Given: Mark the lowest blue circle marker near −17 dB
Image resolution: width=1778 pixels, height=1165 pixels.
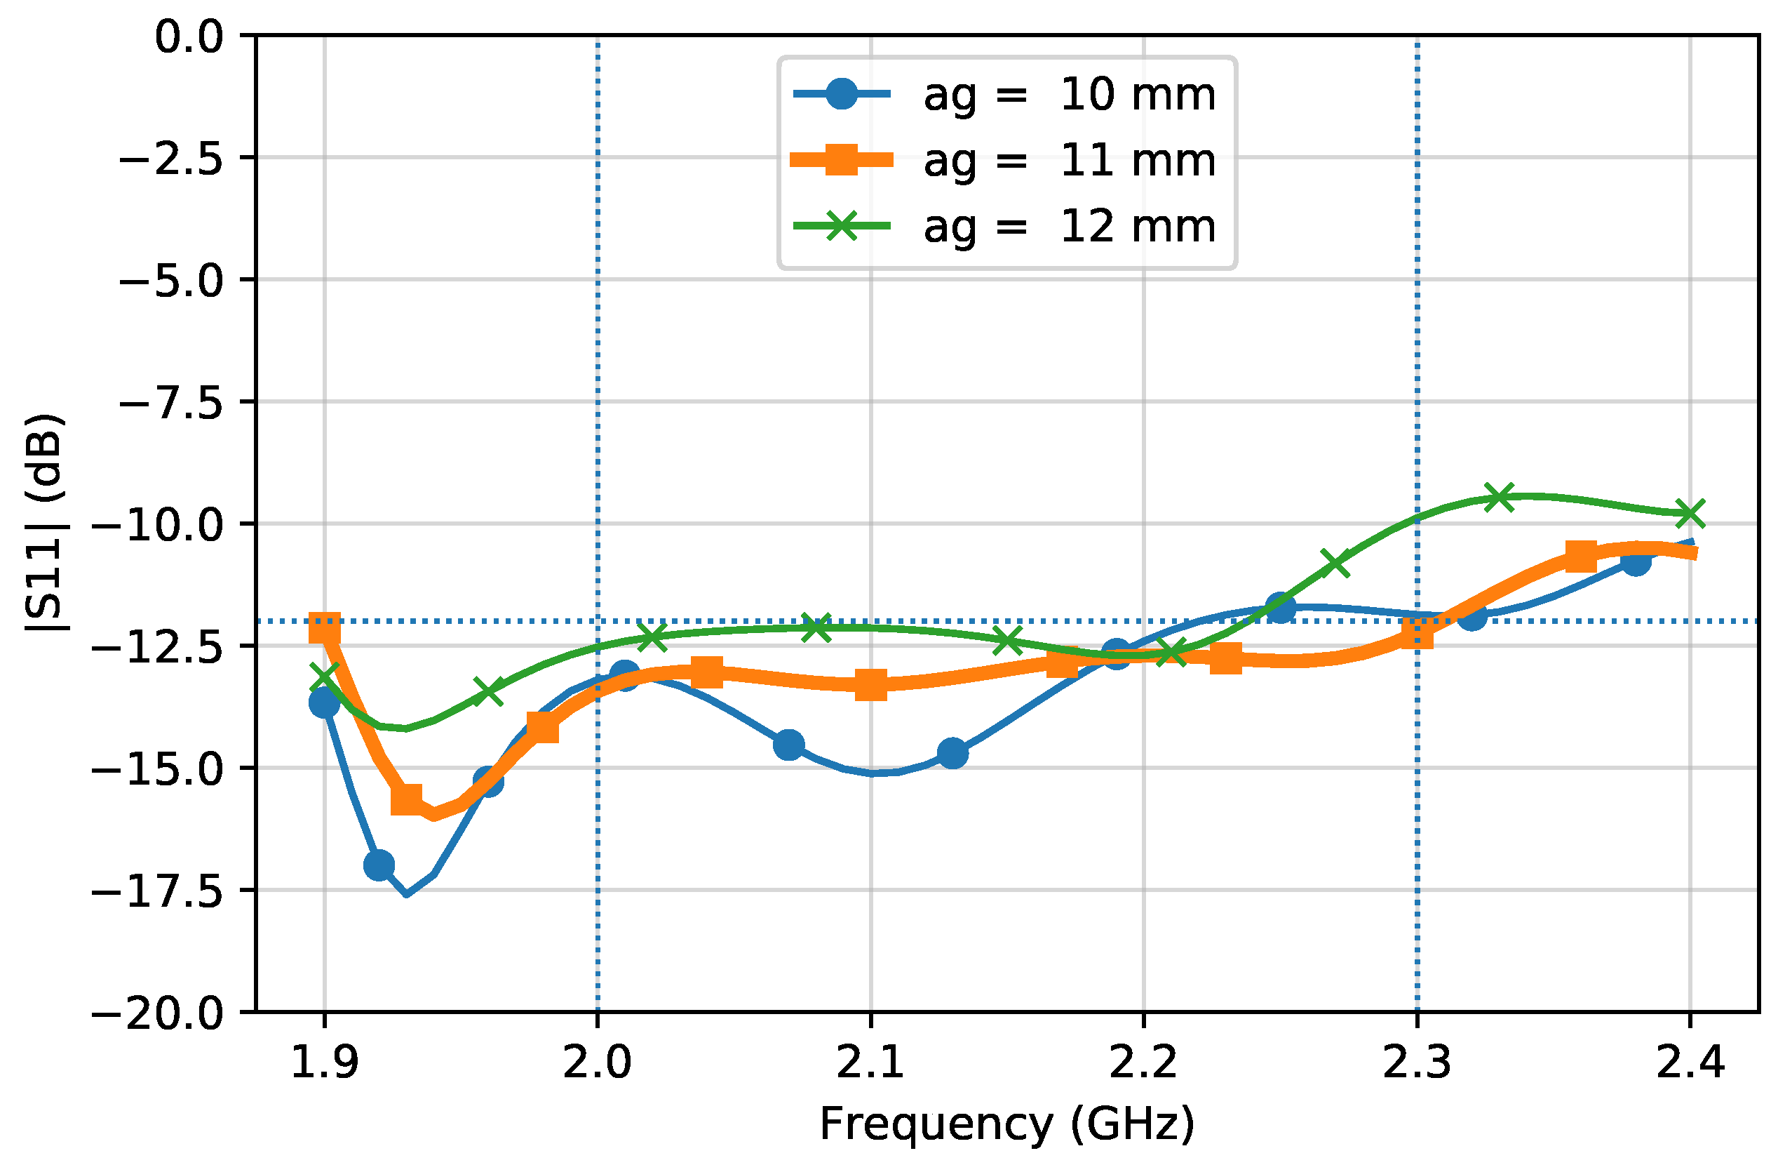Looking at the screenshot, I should pyautogui.click(x=379, y=865).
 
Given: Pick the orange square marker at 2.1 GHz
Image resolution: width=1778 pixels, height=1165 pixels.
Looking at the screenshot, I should pyautogui.click(x=870, y=684).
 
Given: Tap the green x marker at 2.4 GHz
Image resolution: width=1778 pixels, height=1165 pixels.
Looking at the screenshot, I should pyautogui.click(x=1690, y=514).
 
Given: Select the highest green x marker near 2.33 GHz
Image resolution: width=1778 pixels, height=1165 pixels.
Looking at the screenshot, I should pyautogui.click(x=1500, y=497).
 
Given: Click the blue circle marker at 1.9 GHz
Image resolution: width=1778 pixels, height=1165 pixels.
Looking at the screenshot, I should pyautogui.click(x=324, y=703).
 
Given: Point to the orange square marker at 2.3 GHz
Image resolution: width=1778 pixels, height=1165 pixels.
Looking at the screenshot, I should pyautogui.click(x=1417, y=634).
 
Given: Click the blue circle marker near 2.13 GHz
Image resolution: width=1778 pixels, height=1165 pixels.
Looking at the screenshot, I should pyautogui.click(x=952, y=752).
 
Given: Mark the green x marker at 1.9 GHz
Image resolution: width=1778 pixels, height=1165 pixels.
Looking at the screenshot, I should pyautogui.click(x=324, y=677).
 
